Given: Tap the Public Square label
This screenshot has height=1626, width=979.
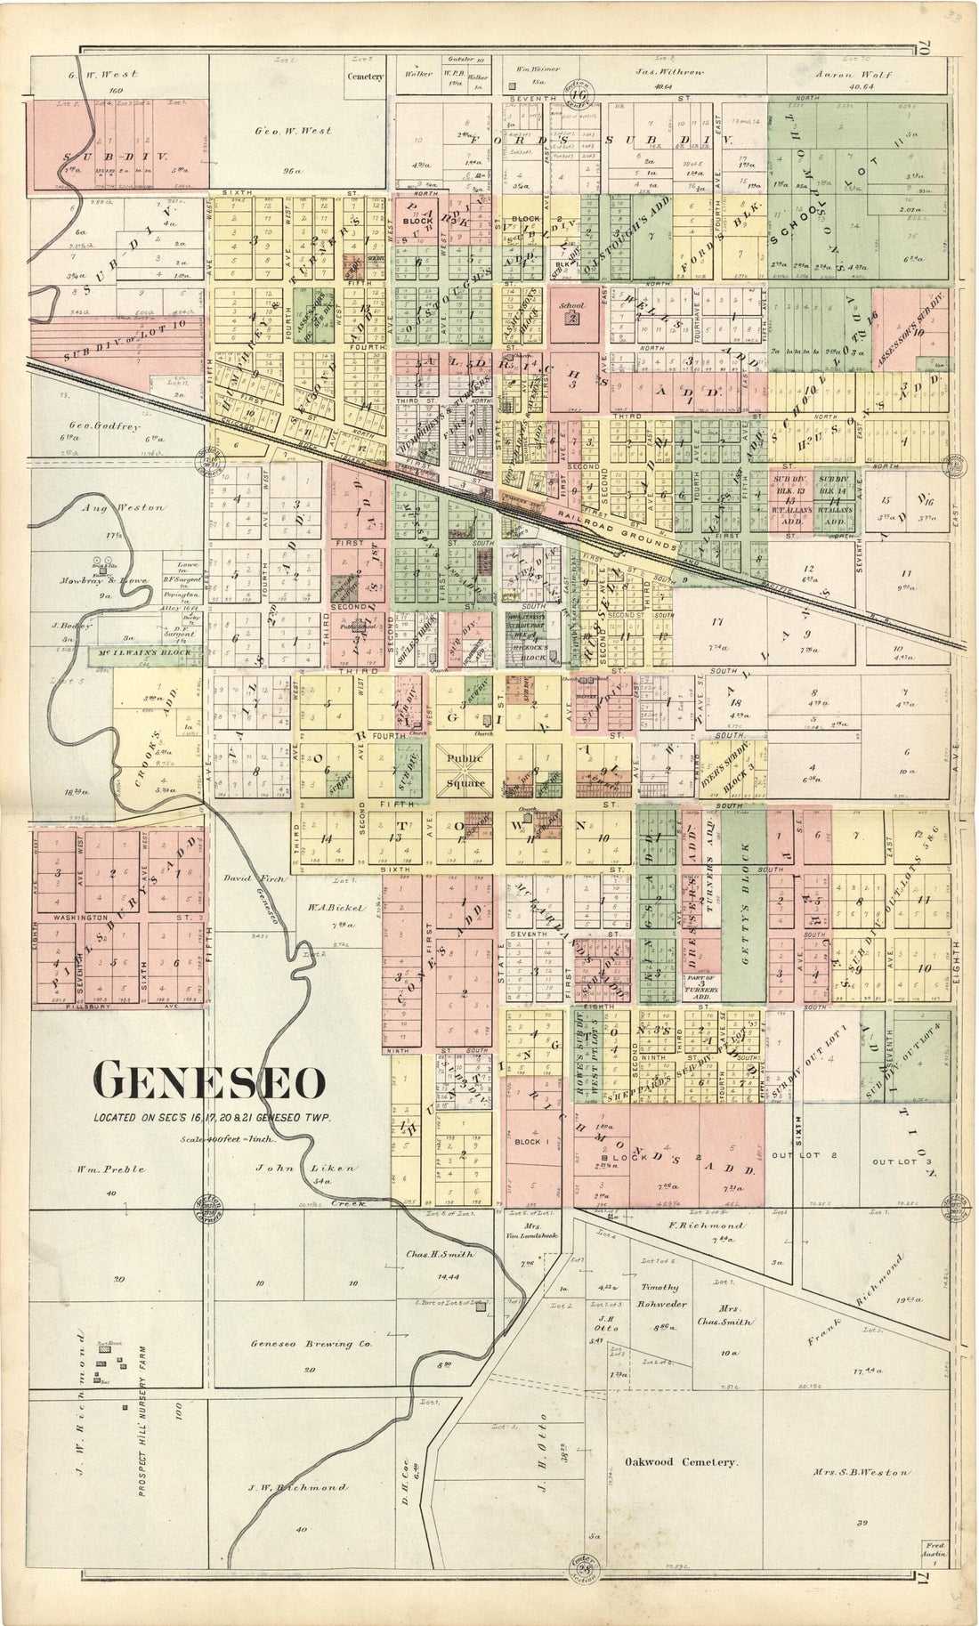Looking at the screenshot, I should click(x=466, y=771).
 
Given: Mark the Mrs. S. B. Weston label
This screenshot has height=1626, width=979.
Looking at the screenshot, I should click(x=860, y=1497).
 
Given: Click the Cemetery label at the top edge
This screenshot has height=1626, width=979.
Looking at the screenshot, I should click(x=365, y=77).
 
